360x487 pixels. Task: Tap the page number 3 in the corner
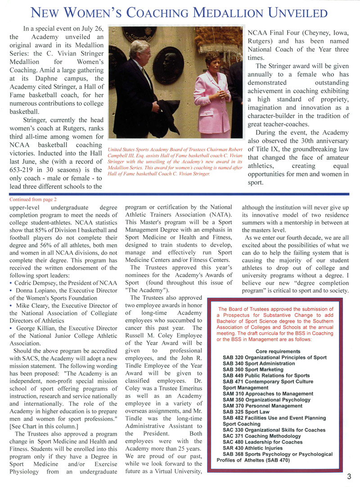pyautogui.click(x=349, y=477)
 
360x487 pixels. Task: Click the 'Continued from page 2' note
pyautogui.click(x=33, y=198)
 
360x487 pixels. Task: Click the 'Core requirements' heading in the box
pyautogui.click(x=278, y=351)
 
